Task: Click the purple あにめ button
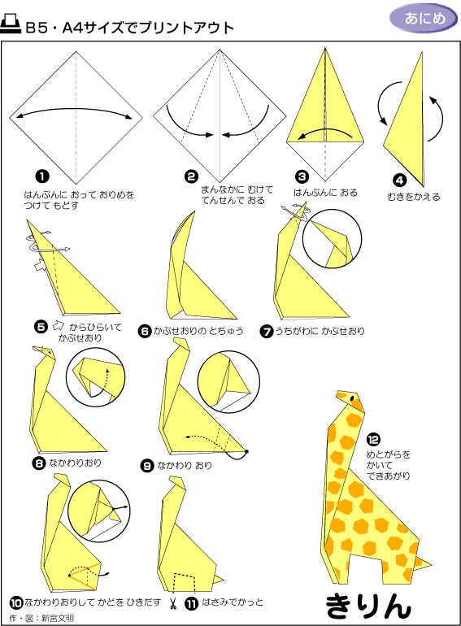tap(424, 19)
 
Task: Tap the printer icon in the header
tap(11, 24)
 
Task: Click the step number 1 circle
tap(42, 176)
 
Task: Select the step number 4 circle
tap(399, 180)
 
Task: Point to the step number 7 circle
tap(266, 331)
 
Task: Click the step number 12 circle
tap(373, 440)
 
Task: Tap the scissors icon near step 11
tap(173, 603)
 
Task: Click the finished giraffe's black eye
tap(352, 398)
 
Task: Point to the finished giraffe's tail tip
tap(430, 565)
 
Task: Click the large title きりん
tap(368, 605)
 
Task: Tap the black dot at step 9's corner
tap(246, 451)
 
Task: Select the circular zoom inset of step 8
tap(96, 377)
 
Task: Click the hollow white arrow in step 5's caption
tap(59, 326)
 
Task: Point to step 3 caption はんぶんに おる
tap(326, 193)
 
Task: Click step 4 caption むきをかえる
tap(414, 197)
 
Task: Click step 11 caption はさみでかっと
tap(233, 602)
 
